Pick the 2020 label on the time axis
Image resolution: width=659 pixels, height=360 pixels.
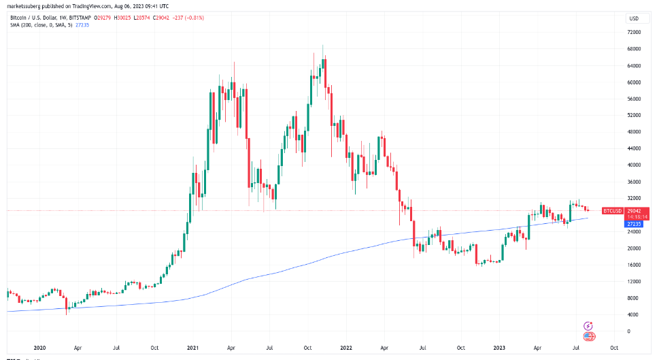click(x=39, y=346)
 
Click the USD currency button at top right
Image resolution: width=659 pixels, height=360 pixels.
click(x=633, y=18)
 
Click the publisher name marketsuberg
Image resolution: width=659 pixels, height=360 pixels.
click(x=23, y=5)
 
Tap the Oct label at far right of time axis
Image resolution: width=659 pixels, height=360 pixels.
click(x=614, y=346)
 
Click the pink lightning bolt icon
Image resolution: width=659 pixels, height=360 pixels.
click(x=588, y=327)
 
